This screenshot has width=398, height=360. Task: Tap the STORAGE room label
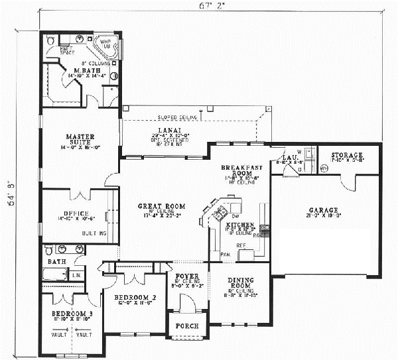click(x=347, y=155)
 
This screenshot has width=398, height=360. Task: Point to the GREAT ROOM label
click(x=153, y=206)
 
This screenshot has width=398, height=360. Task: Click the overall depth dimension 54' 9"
click(x=10, y=194)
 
